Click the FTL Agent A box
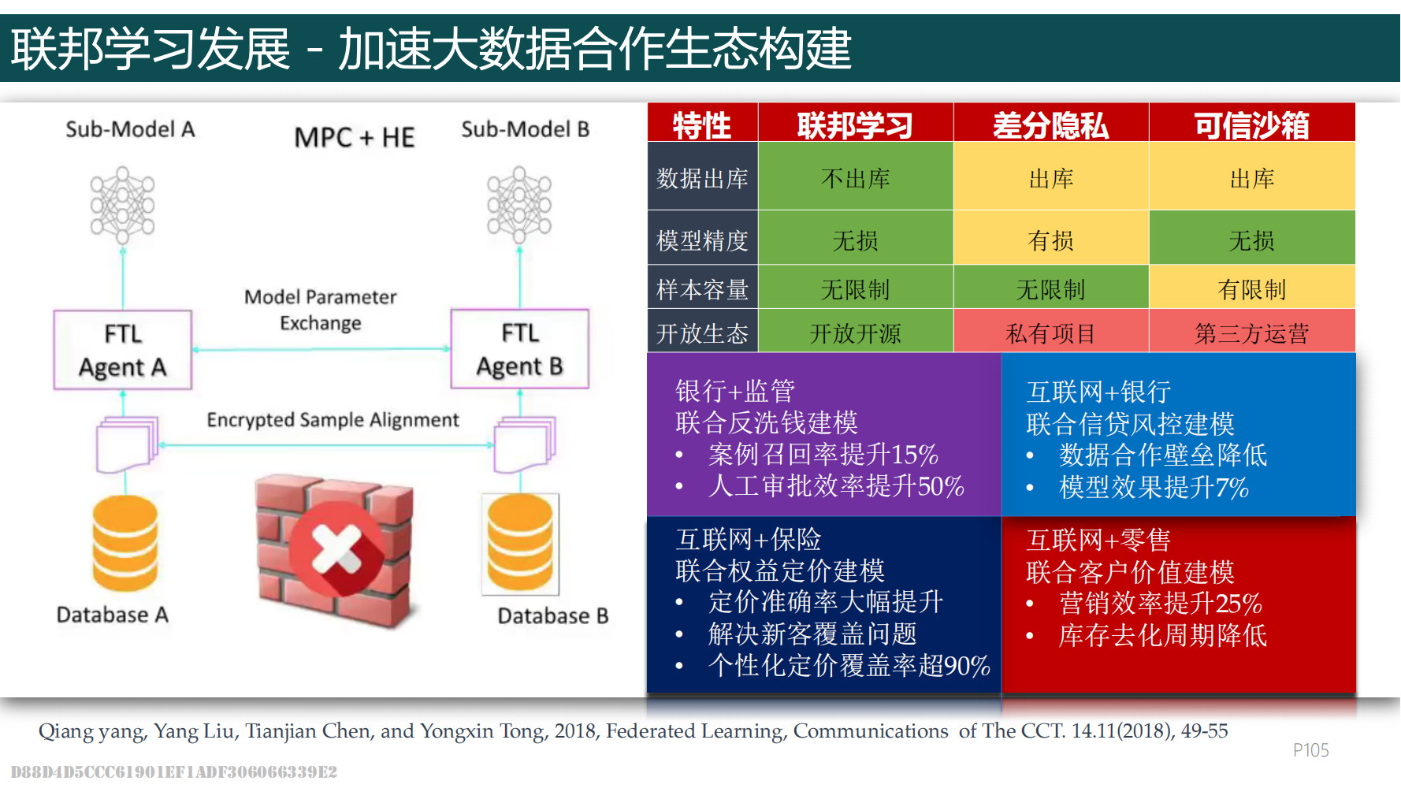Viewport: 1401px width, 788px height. tap(123, 350)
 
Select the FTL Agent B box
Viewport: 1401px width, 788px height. tap(520, 349)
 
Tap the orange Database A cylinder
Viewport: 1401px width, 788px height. tap(124, 544)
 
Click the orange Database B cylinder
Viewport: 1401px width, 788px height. tap(520, 544)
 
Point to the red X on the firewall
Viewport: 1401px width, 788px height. tap(336, 548)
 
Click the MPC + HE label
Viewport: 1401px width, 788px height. tap(355, 138)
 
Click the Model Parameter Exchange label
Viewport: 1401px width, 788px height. tap(321, 310)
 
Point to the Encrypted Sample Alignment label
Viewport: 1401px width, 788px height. tap(333, 420)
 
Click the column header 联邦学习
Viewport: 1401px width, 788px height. tap(856, 125)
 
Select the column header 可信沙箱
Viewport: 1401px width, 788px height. tap(1252, 125)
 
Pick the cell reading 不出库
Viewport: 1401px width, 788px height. tap(856, 179)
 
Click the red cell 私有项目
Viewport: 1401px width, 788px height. tap(1051, 334)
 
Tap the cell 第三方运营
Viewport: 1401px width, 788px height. tap(1252, 334)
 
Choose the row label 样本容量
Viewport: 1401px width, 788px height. tap(702, 290)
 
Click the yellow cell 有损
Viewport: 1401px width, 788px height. tap(1051, 240)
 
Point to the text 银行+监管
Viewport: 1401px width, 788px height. tap(735, 391)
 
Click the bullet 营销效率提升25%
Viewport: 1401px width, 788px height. tap(1161, 604)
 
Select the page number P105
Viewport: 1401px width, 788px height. tap(1311, 750)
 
